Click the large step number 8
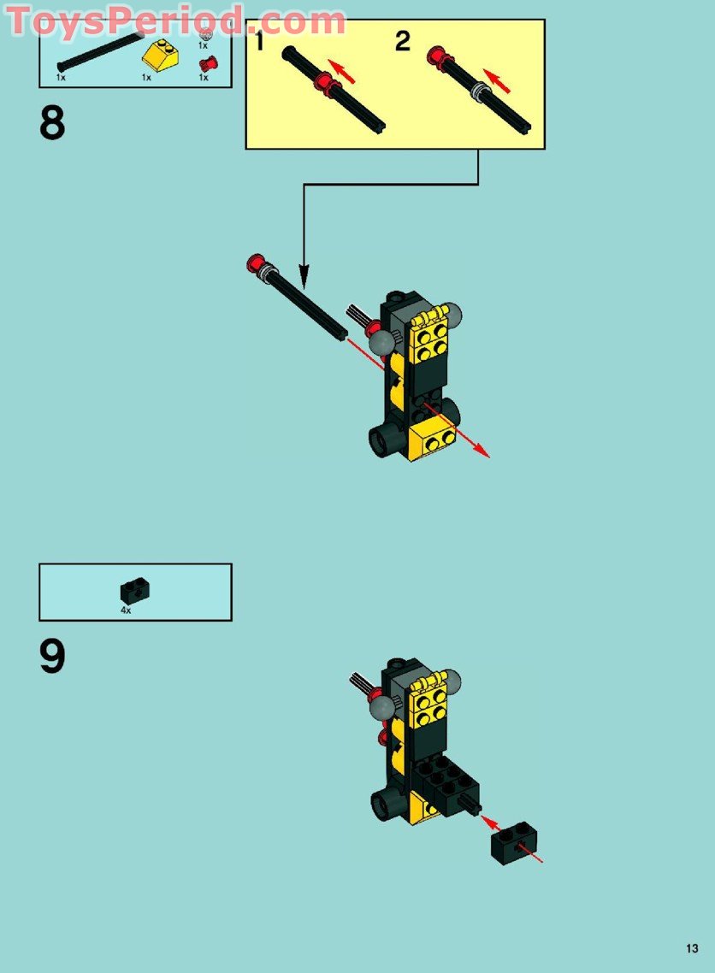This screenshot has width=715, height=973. tap(52, 122)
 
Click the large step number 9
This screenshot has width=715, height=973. tap(52, 656)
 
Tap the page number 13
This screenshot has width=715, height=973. tap(692, 948)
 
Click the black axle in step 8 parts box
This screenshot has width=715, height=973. tap(99, 51)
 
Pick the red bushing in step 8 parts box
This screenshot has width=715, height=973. tap(209, 64)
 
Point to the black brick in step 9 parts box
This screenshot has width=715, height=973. tap(134, 591)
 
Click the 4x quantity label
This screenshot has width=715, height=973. tap(126, 610)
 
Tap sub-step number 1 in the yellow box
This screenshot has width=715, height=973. tap(259, 41)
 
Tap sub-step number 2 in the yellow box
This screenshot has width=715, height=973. tap(403, 42)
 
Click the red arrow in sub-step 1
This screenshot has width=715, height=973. tap(341, 71)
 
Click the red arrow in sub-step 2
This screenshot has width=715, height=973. tap(497, 81)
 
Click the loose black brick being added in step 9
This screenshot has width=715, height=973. tap(514, 843)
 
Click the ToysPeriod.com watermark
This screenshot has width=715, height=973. tap(175, 21)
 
